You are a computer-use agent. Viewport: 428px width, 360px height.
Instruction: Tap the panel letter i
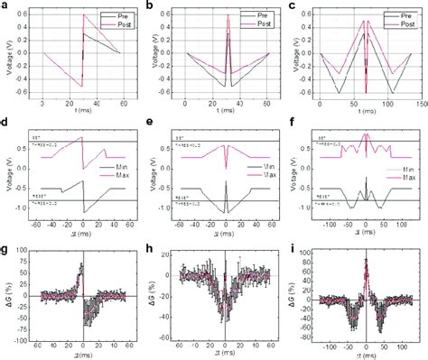pyautogui.click(x=293, y=246)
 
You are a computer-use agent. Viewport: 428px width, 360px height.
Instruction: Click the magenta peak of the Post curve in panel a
pyautogui.click(x=83, y=15)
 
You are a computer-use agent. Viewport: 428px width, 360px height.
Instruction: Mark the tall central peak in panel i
pyautogui.click(x=366, y=261)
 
